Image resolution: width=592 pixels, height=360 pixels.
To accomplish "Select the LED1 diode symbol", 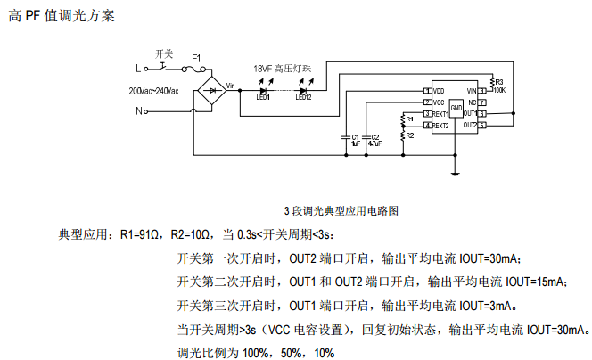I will pyautogui.click(x=264, y=89).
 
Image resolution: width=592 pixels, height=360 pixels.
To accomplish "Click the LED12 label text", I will pyautogui.click(x=303, y=98).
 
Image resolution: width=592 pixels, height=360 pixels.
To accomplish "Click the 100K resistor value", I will pyautogui.click(x=498, y=90).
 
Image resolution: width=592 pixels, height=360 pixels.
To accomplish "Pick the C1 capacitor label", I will pyautogui.click(x=357, y=136).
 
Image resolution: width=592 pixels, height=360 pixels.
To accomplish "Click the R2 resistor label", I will pyautogui.click(x=409, y=135).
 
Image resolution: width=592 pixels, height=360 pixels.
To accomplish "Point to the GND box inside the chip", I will pyautogui.click(x=456, y=108).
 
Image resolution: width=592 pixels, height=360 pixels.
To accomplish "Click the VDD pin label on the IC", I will pyautogui.click(x=439, y=91).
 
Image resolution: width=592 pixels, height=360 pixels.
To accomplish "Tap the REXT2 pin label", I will pyautogui.click(x=441, y=126).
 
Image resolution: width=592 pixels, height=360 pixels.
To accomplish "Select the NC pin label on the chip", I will pyautogui.click(x=472, y=102).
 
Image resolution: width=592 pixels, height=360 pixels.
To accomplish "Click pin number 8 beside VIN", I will pyautogui.click(x=481, y=91).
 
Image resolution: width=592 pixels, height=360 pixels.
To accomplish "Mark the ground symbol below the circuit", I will pyautogui.click(x=456, y=175).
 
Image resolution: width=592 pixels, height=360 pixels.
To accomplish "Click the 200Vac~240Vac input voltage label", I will pyautogui.click(x=153, y=90).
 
